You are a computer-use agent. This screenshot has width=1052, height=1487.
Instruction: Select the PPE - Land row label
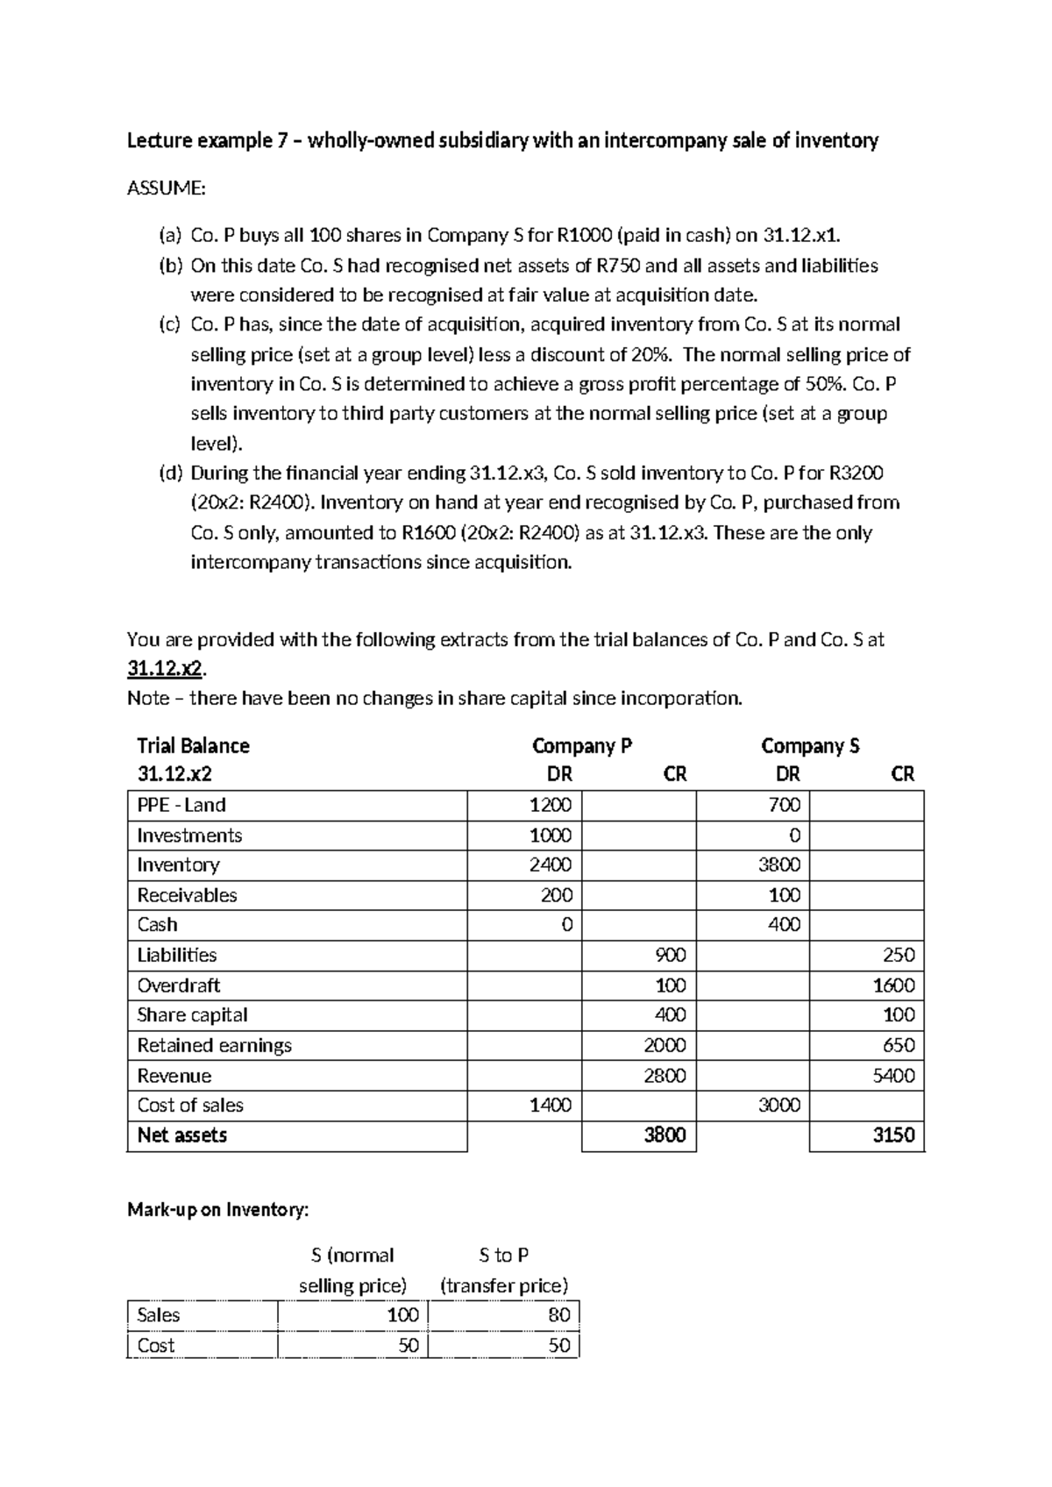(x=181, y=805)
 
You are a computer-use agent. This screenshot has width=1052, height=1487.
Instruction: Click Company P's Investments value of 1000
(x=550, y=835)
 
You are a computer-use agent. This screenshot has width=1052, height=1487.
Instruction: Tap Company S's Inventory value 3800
(x=778, y=864)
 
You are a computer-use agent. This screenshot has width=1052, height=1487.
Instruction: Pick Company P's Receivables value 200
(x=556, y=895)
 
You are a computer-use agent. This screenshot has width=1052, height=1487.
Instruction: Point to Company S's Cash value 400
(x=784, y=924)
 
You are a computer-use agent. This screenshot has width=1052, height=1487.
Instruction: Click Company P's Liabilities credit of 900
(x=670, y=955)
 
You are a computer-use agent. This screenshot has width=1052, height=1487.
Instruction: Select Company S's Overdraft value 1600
(x=893, y=985)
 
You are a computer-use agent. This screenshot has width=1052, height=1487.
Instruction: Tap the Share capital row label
(x=192, y=1014)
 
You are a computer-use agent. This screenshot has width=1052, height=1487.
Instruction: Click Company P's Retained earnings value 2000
(x=665, y=1045)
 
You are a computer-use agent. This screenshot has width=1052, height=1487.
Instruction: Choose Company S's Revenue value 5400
(x=893, y=1075)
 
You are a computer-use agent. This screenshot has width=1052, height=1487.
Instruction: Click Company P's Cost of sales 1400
(x=550, y=1105)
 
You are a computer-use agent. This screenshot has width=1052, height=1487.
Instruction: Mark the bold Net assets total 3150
(x=893, y=1135)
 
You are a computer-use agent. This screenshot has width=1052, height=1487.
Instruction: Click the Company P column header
(x=582, y=746)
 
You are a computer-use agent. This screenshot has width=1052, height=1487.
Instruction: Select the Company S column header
(x=810, y=746)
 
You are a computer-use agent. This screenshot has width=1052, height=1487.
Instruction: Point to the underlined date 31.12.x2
(x=165, y=669)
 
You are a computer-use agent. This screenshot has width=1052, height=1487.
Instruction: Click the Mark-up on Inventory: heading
(x=218, y=1210)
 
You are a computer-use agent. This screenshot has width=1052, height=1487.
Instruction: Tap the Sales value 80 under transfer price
(x=558, y=1315)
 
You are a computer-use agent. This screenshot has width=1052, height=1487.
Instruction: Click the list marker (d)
(x=171, y=473)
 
